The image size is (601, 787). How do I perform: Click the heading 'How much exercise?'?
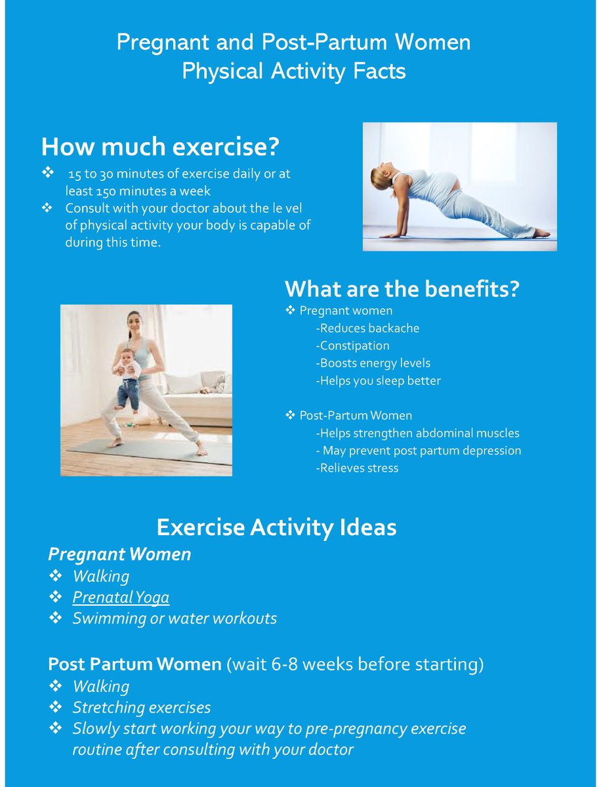[160, 148]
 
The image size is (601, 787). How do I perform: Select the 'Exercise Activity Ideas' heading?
[276, 527]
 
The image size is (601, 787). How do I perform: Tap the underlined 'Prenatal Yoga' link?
[121, 597]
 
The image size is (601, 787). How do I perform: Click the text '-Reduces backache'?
[367, 328]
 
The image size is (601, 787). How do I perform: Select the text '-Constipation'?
[352, 346]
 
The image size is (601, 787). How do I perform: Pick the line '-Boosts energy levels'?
[373, 363]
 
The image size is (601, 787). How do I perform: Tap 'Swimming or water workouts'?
[175, 618]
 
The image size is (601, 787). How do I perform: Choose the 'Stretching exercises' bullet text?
[142, 708]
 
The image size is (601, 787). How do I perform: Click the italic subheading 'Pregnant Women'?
[119, 554]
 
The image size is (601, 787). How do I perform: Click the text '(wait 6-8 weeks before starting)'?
[355, 664]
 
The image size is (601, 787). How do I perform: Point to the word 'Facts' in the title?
[377, 71]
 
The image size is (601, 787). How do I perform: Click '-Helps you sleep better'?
[378, 381]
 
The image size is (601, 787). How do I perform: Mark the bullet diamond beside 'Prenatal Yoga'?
[56, 597]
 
